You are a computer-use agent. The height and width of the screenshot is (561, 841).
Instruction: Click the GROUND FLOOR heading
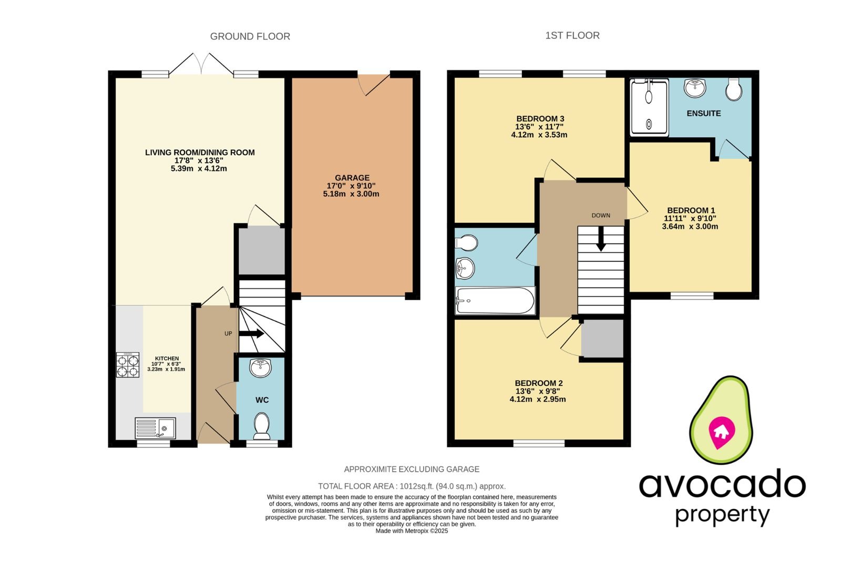coord(250,36)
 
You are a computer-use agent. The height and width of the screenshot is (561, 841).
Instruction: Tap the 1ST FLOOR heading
coord(572,35)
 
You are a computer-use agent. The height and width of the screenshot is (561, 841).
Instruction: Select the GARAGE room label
coord(352,178)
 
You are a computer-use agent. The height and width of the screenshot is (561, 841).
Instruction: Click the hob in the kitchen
coord(128,364)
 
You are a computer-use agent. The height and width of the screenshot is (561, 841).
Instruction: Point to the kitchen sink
coord(156,428)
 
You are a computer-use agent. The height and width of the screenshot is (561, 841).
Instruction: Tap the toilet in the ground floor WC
coord(261,425)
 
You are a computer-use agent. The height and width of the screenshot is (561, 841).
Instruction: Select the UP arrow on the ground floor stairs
coord(252,333)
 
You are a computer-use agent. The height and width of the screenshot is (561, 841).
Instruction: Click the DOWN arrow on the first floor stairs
coord(600,240)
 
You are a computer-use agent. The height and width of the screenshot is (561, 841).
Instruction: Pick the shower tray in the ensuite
coord(649,107)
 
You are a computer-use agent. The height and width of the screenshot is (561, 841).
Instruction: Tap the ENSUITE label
coord(703,113)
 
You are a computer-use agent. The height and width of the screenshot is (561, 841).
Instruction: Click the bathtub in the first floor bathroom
coord(495,301)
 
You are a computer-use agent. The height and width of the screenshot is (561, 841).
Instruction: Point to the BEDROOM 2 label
coord(538,383)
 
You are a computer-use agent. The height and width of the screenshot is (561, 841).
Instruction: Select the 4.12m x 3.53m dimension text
coord(539,135)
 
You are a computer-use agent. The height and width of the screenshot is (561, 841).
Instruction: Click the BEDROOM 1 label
coord(691,210)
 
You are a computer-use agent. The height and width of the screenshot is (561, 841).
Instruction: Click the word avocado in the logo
coord(722,485)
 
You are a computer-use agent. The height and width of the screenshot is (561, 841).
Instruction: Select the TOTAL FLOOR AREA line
coord(412,486)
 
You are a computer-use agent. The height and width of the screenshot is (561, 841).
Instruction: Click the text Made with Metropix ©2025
coord(412,531)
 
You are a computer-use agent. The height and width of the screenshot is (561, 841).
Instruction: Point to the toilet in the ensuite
coord(733,90)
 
